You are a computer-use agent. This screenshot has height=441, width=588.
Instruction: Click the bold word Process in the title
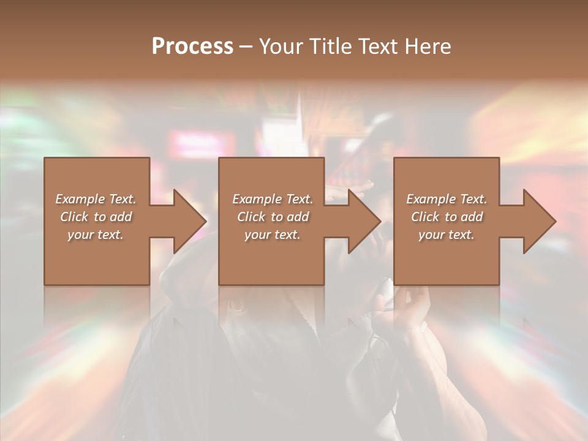pyautogui.click(x=192, y=47)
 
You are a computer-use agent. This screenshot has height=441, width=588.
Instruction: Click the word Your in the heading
pyautogui.click(x=282, y=47)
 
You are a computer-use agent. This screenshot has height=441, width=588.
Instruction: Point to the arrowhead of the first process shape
pyautogui.click(x=190, y=221)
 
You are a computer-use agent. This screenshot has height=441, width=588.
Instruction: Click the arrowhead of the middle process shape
pyautogui.click(x=364, y=221)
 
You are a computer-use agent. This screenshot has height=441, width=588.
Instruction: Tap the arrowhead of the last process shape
pyautogui.click(x=539, y=221)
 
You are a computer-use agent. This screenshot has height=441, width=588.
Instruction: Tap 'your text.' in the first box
pyautogui.click(x=96, y=235)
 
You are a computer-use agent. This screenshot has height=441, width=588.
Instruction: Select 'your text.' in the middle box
pyautogui.click(x=273, y=235)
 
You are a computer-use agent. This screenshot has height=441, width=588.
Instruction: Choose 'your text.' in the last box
pyautogui.click(x=447, y=235)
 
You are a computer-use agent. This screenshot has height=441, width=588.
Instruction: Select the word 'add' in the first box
pyautogui.click(x=121, y=217)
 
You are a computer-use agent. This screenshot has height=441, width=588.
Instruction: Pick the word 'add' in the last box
pyautogui.click(x=472, y=217)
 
